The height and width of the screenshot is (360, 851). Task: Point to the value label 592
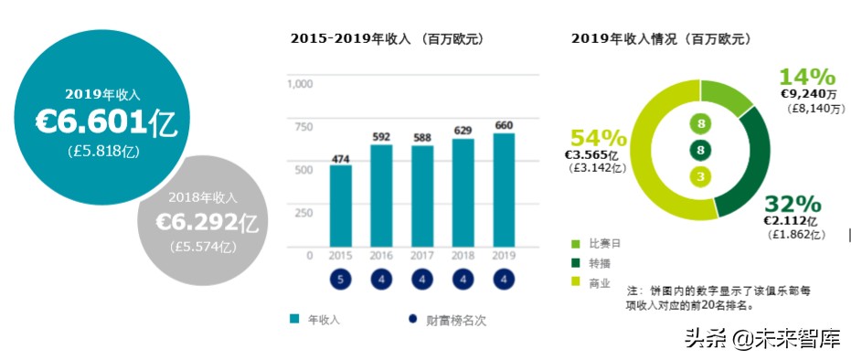381,137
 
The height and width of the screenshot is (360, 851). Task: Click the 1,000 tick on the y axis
300,84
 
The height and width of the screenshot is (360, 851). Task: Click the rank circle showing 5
340,280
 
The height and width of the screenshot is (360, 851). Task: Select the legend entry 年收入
319,320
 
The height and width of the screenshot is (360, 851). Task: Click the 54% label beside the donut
599,139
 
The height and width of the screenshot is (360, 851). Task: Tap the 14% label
807,77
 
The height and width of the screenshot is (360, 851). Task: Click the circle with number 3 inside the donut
701,176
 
